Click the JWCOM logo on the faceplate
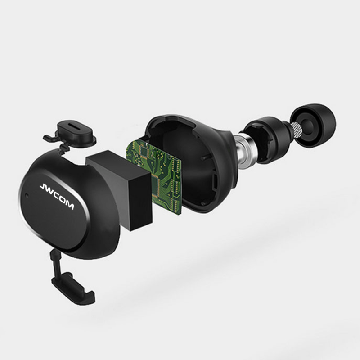point(57,196)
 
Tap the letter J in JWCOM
point(43,187)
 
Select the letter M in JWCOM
point(69,205)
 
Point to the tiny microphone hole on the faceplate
point(27,196)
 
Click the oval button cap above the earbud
point(76,133)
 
